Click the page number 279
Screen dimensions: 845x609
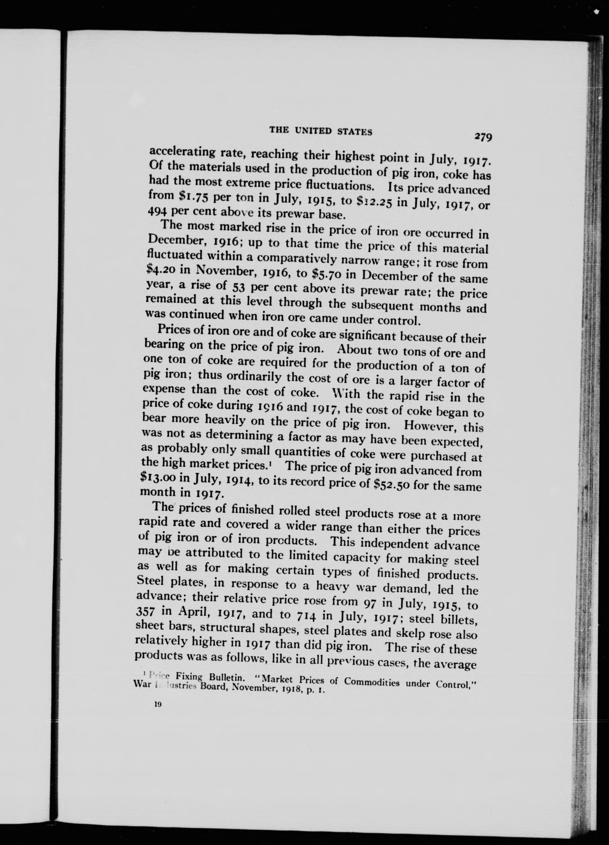click(x=483, y=137)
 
